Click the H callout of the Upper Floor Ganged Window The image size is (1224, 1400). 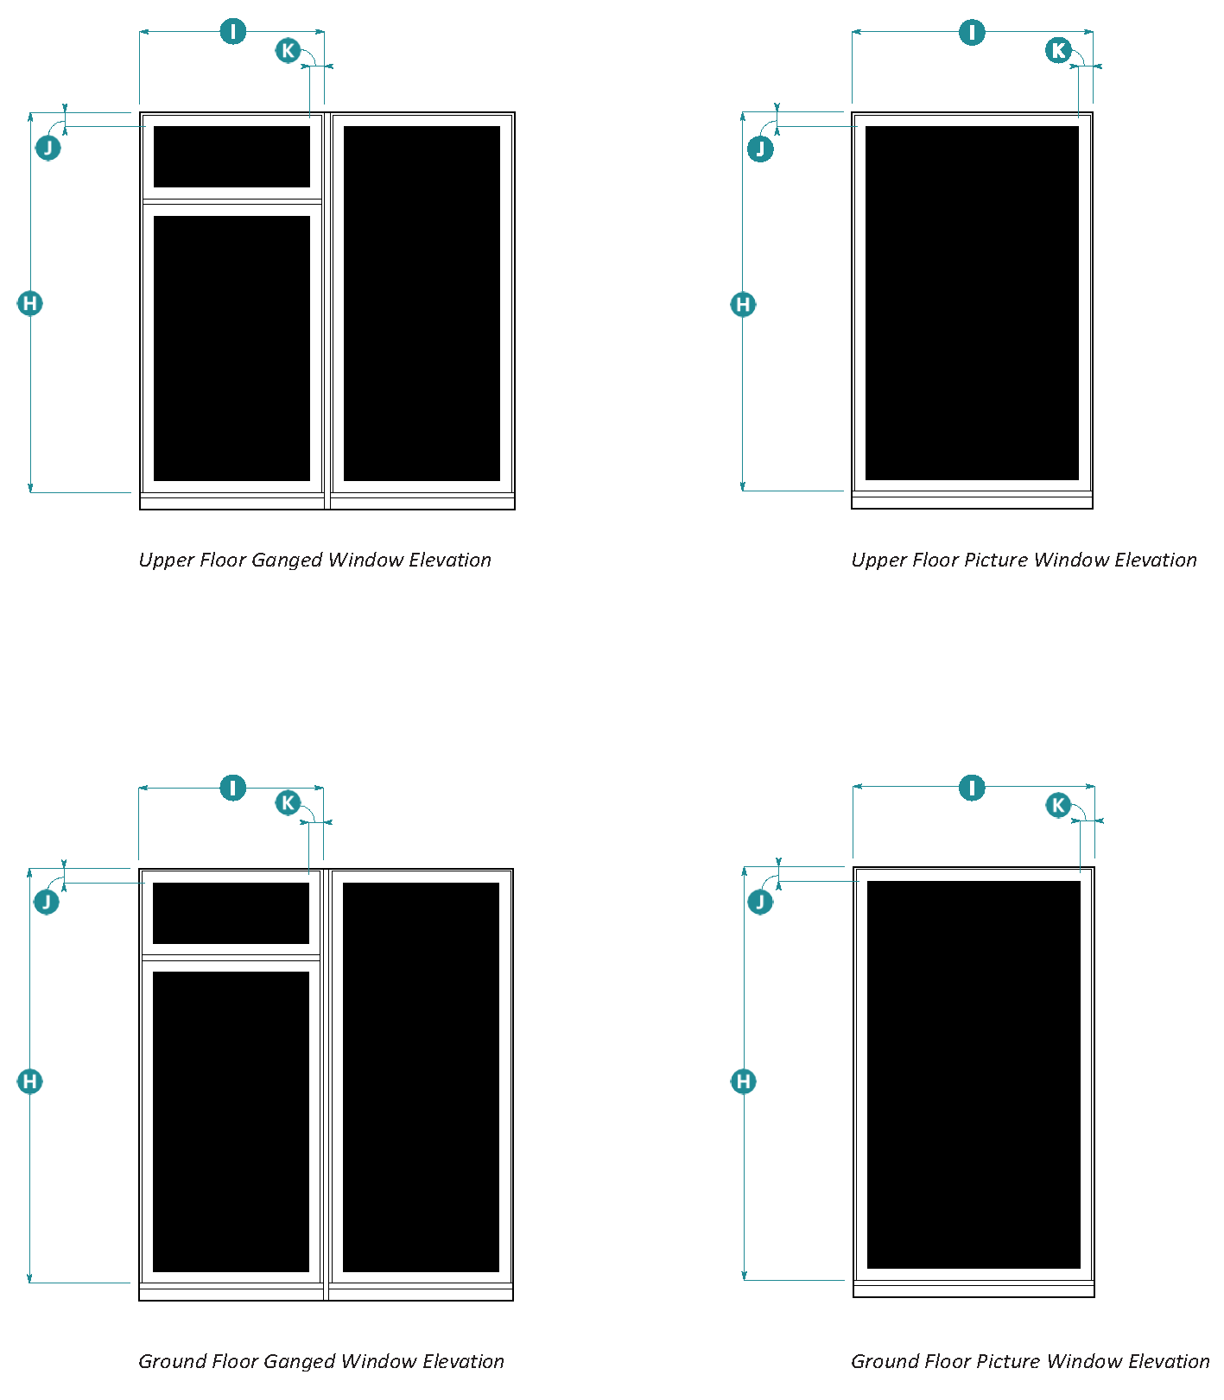(x=30, y=303)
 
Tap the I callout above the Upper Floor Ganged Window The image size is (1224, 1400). (x=233, y=32)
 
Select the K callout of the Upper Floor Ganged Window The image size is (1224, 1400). (x=288, y=50)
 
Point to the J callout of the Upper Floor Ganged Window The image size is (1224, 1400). (x=48, y=148)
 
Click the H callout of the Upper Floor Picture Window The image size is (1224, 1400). (x=743, y=304)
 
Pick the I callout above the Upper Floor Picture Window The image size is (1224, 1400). (x=972, y=33)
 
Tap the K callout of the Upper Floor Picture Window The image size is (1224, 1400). (x=1058, y=50)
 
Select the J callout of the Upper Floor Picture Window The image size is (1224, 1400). (x=760, y=149)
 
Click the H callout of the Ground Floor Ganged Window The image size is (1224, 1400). (x=30, y=1081)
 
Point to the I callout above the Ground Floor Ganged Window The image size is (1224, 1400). (x=233, y=788)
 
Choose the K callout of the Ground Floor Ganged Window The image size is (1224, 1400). (x=288, y=803)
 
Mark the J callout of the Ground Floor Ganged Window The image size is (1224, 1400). (x=47, y=903)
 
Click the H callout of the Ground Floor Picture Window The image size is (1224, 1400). (x=743, y=1081)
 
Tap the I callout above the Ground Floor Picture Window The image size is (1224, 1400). (x=972, y=788)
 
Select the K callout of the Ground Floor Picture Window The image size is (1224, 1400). (x=1058, y=805)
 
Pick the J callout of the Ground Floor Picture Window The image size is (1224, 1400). (x=760, y=903)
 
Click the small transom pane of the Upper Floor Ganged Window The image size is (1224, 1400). (x=231, y=156)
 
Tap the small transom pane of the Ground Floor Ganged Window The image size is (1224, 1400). (x=231, y=913)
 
